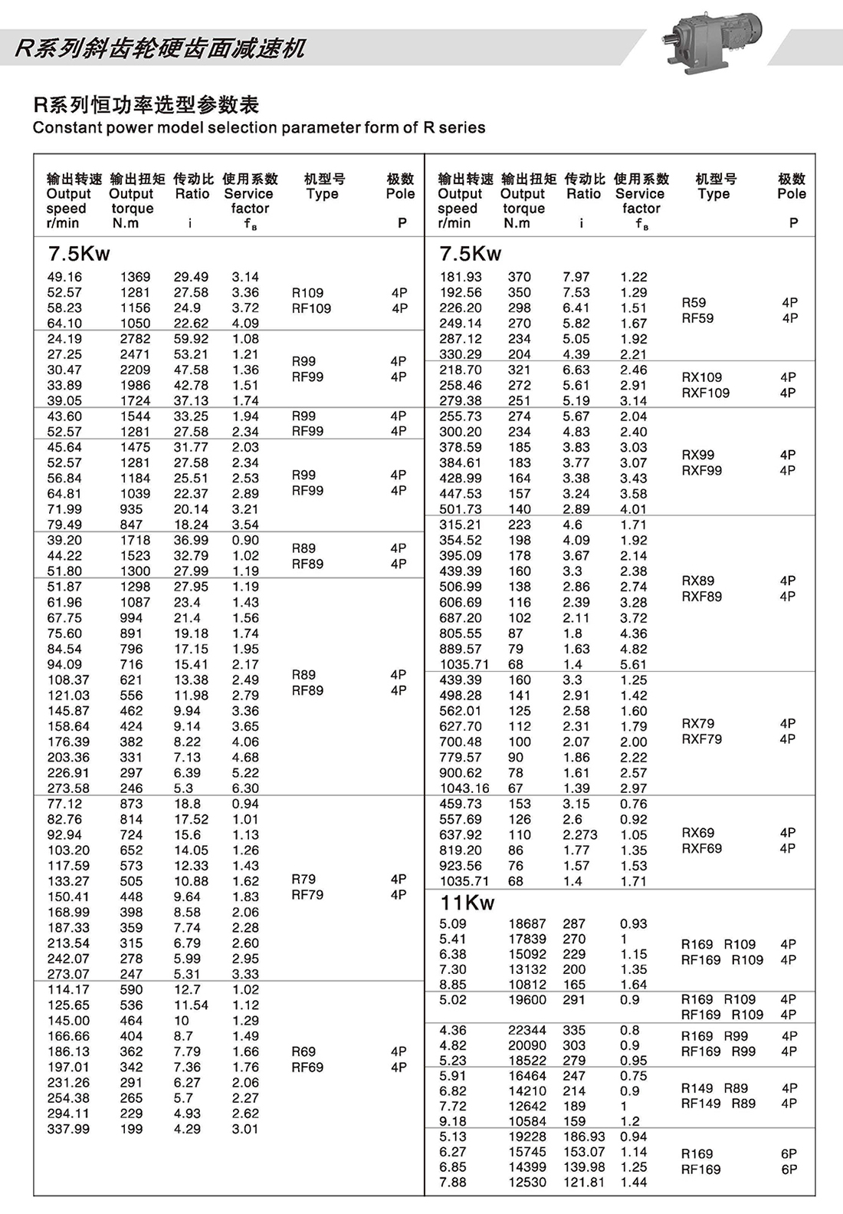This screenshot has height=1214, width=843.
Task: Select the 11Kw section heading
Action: click(x=467, y=903)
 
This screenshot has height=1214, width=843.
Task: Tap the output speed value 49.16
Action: click(x=64, y=277)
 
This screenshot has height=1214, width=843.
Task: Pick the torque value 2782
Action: click(x=135, y=339)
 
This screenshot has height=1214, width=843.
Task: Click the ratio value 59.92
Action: click(x=191, y=339)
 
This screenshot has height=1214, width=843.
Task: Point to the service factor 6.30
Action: click(x=245, y=788)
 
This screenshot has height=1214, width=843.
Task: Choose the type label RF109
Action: click(x=311, y=308)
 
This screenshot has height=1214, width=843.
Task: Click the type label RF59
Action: click(x=697, y=318)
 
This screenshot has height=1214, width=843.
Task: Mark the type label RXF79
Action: click(x=702, y=739)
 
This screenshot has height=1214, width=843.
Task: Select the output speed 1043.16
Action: click(x=464, y=788)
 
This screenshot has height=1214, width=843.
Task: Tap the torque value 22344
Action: click(x=527, y=1030)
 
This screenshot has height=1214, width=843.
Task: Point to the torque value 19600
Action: click(x=527, y=1000)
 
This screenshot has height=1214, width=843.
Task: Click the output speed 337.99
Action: click(x=68, y=1129)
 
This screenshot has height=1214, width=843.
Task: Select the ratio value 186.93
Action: click(x=584, y=1137)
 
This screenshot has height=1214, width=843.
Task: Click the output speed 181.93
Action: click(x=461, y=277)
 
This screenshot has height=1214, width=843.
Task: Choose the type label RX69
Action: click(x=698, y=833)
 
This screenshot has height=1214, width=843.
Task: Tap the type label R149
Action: click(x=697, y=1088)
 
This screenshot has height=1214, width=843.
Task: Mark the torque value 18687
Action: click(x=527, y=924)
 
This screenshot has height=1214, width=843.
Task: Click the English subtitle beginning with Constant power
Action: click(x=259, y=127)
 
